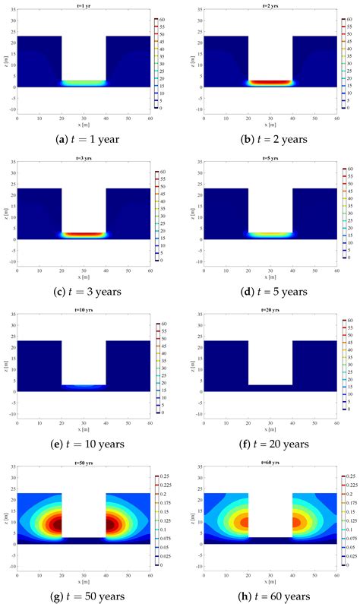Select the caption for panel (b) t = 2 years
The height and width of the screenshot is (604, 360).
(270, 140)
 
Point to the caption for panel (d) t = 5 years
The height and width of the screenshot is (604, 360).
(270, 292)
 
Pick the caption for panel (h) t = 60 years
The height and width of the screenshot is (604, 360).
(270, 595)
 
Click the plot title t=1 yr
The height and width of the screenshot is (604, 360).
(84, 5)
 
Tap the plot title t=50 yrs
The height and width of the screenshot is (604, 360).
(84, 462)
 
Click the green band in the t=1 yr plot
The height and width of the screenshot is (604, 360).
(84, 82)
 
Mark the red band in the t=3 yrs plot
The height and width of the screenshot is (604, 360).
(84, 235)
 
